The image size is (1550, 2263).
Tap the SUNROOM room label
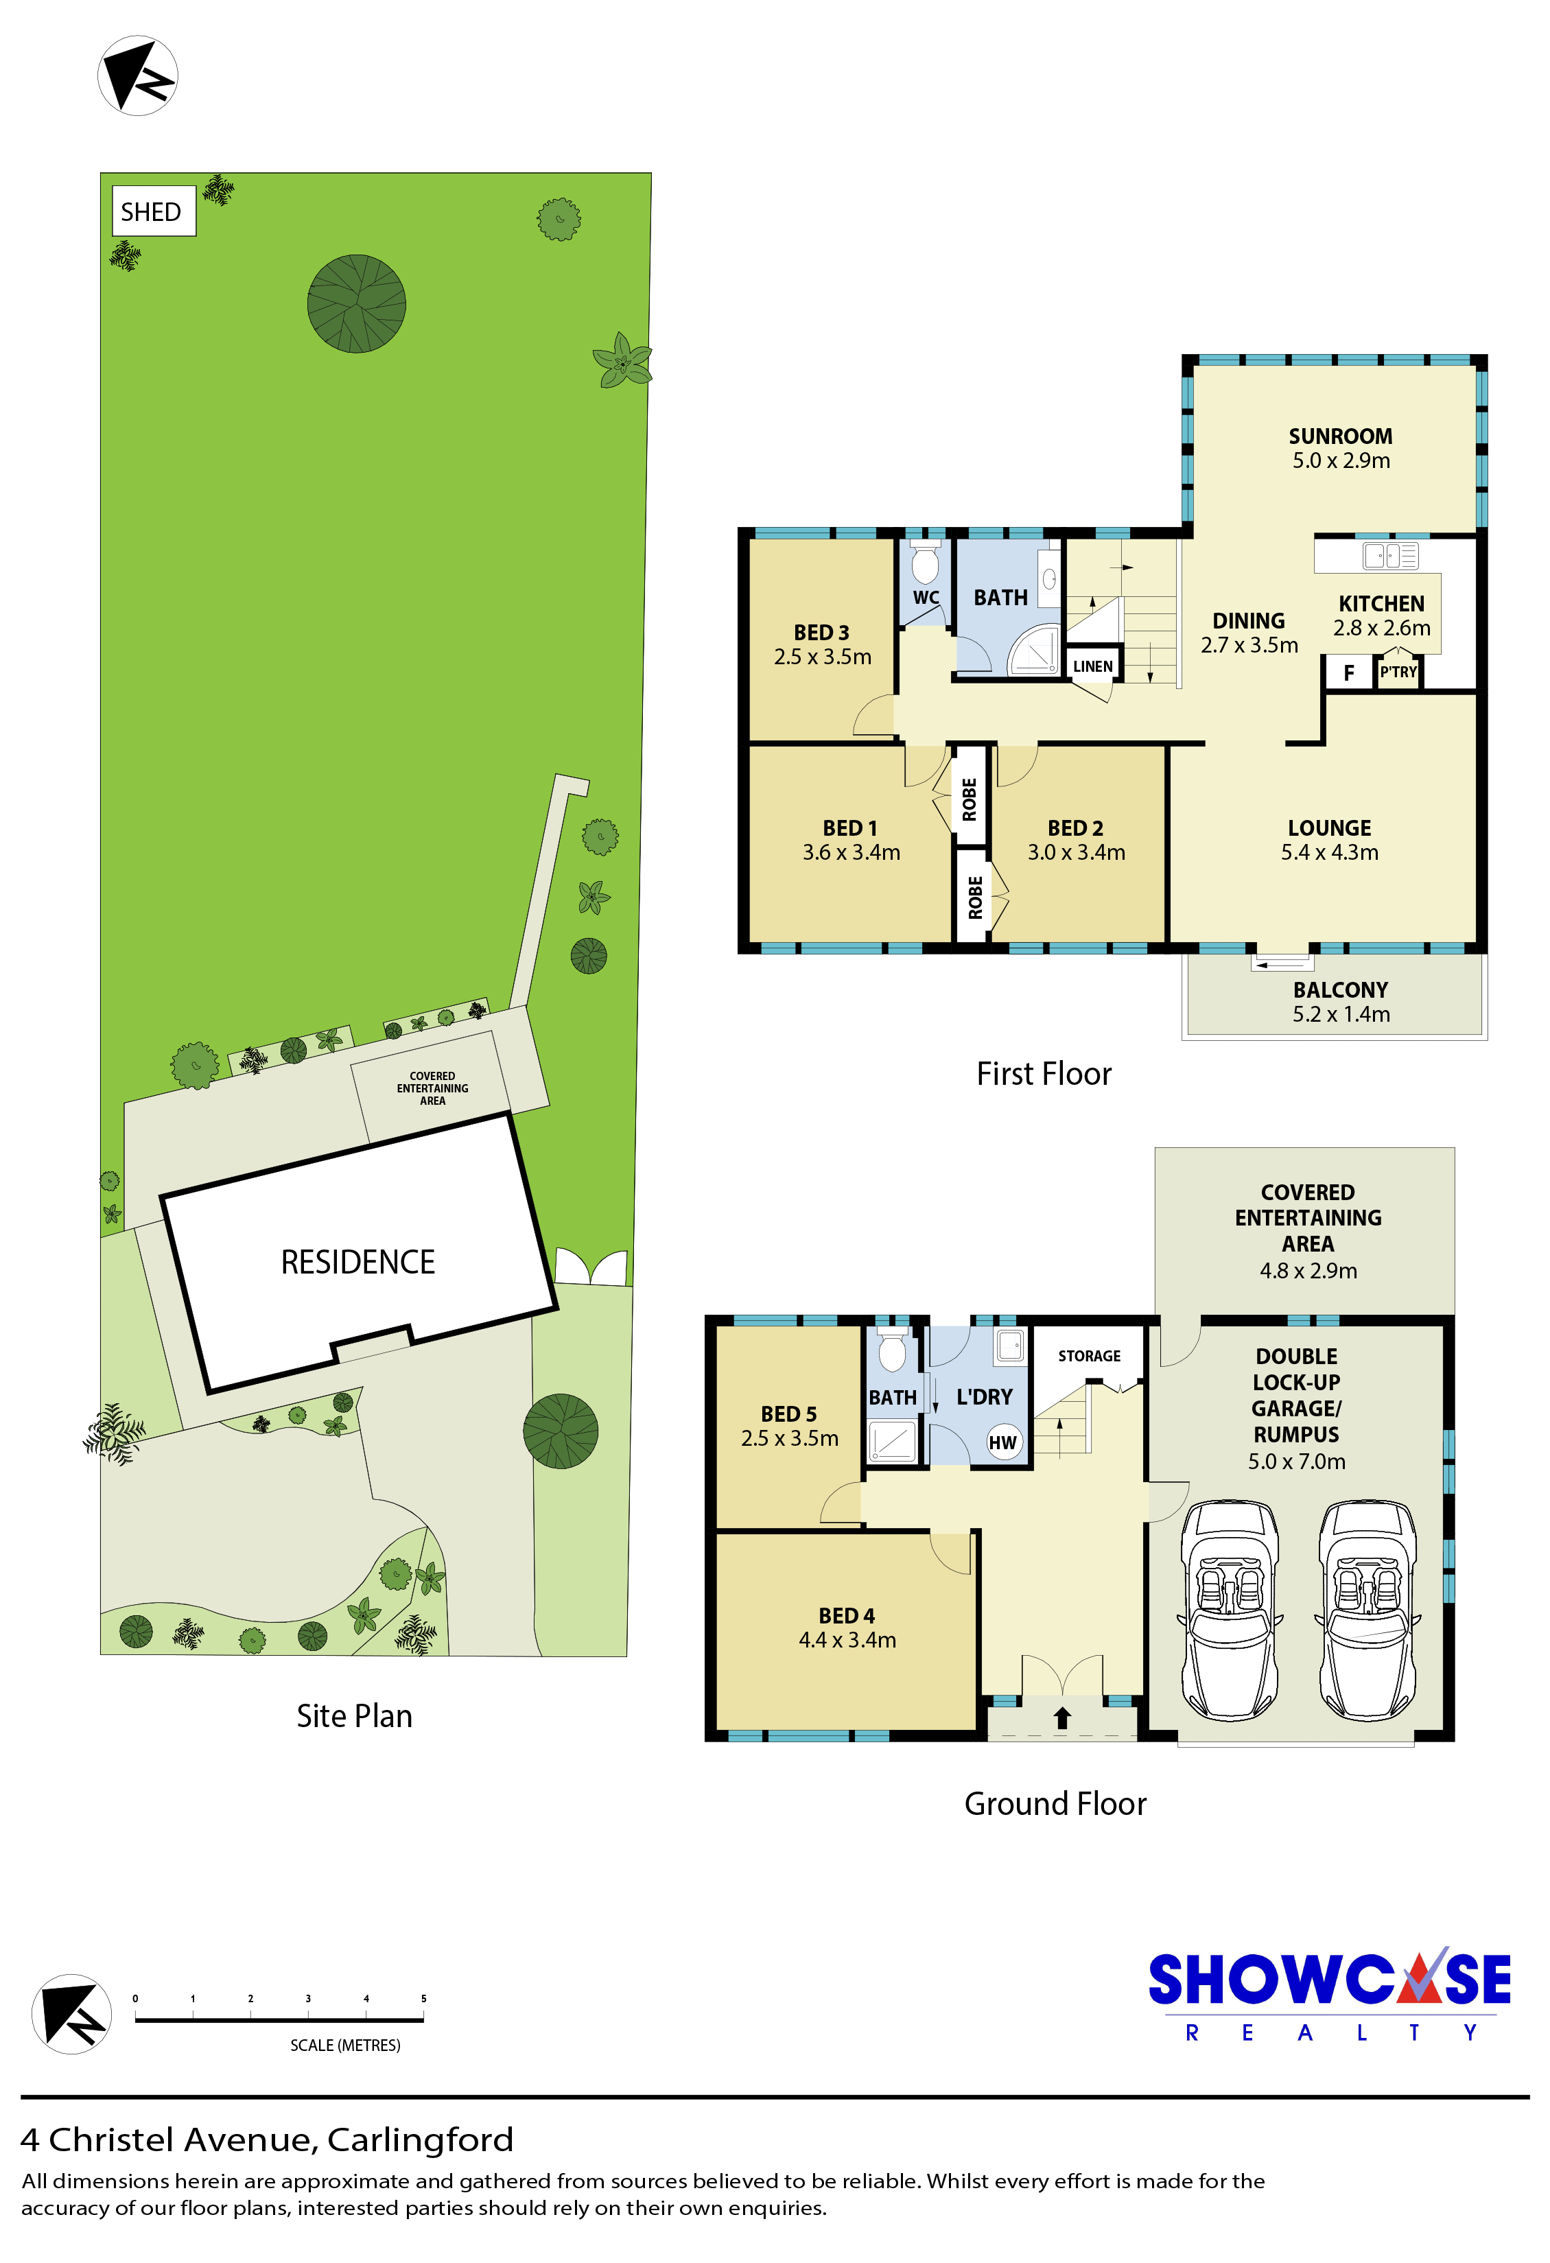pyautogui.click(x=1341, y=436)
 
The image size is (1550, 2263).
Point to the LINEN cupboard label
pyautogui.click(x=1092, y=667)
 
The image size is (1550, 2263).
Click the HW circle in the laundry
pyautogui.click(x=1003, y=1443)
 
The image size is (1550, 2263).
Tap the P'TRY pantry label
pyautogui.click(x=1398, y=672)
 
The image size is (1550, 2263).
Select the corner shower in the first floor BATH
pyautogui.click(x=1034, y=648)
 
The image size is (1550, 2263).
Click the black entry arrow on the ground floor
pyautogui.click(x=1062, y=1717)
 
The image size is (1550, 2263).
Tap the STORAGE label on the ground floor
pyautogui.click(x=1090, y=1355)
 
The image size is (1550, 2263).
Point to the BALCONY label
pyautogui.click(x=1341, y=989)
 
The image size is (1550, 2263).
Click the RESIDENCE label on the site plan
pyautogui.click(x=357, y=1262)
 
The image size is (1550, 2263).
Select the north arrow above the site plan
pyautogui.click(x=137, y=76)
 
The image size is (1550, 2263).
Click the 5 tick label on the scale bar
pyautogui.click(x=423, y=1998)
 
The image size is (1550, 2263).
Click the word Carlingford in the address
pyautogui.click(x=420, y=2139)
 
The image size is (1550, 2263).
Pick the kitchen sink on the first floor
pyautogui.click(x=1390, y=556)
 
